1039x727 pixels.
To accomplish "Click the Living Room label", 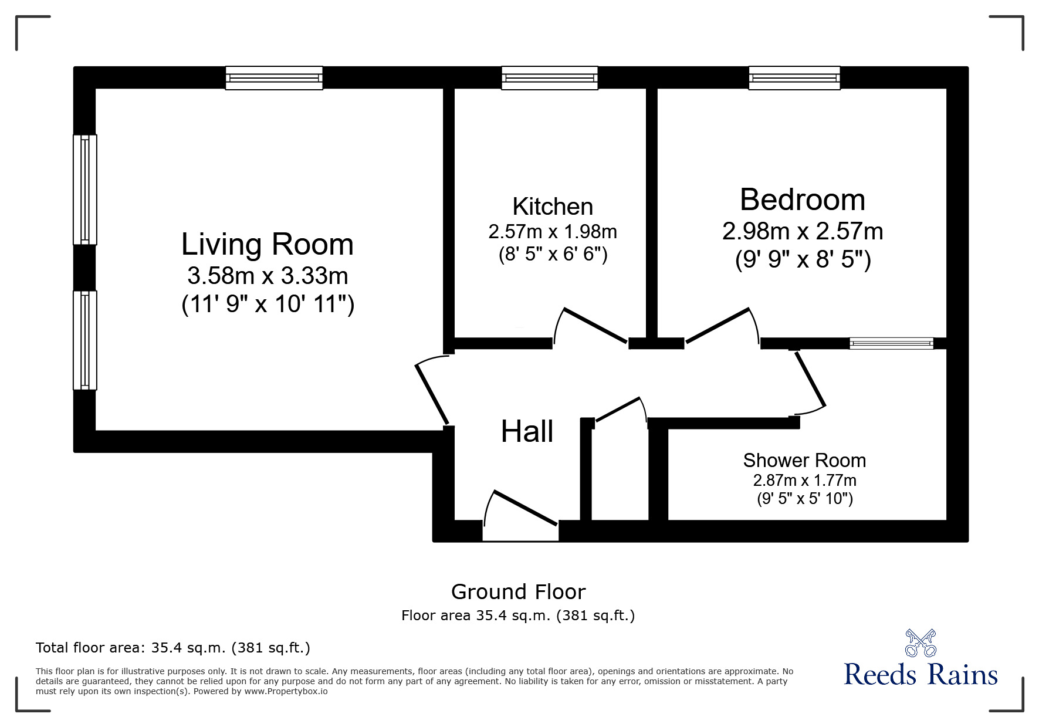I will coord(268,245).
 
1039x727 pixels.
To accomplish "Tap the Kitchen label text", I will coord(553,207).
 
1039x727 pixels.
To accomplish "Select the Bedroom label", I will coord(802,200).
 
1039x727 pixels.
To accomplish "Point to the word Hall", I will coord(527,432).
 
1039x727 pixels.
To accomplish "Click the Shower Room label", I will coord(804,461).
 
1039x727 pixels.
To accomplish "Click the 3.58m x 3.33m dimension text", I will coord(268,275).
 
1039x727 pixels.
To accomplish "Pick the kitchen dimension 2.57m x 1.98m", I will coord(553,232).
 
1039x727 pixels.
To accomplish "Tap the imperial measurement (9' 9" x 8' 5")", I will coord(803,259).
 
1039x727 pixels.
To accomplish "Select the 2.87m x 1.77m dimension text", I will coord(804,481).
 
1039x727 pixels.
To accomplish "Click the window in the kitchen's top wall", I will coord(550,78).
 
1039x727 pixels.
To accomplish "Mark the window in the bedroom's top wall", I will coord(794,78).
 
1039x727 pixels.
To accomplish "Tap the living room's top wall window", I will coord(274,78).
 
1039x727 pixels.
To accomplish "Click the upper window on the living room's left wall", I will coord(85,190).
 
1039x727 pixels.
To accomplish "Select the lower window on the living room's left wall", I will coord(85,340).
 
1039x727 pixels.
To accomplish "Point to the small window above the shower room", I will coord(891,343).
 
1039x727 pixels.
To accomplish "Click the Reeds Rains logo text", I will coord(920,675).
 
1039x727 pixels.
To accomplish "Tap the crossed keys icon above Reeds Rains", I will coord(920,643).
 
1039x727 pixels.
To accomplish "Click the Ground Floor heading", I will coord(518,592).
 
